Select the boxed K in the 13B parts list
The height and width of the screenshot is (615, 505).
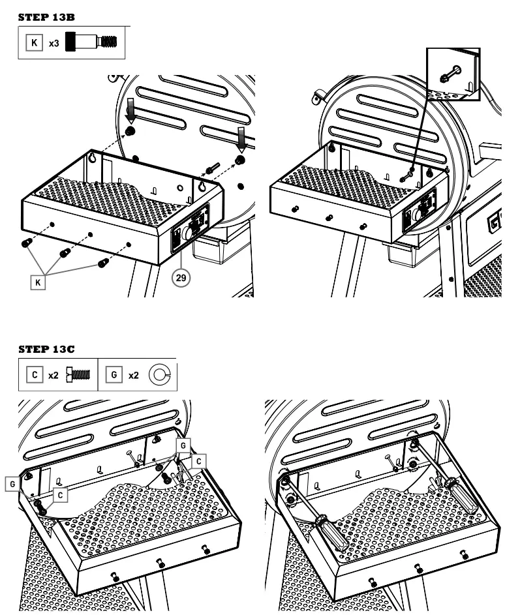(x=35, y=43)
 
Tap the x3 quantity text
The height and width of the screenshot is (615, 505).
(x=54, y=43)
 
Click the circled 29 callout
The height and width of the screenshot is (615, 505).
(x=180, y=277)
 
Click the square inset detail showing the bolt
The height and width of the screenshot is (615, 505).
(x=452, y=74)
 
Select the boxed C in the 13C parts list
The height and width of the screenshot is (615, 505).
(x=35, y=376)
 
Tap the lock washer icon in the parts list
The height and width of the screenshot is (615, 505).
(x=159, y=376)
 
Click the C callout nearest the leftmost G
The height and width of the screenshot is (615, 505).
(x=60, y=495)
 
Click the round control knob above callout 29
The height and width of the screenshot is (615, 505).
(x=189, y=233)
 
